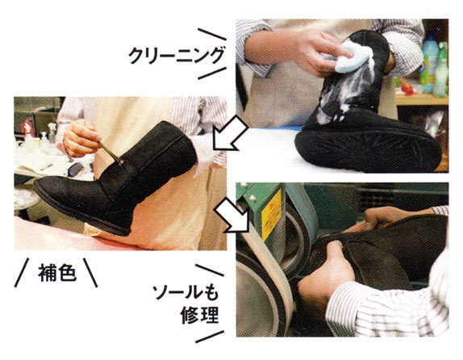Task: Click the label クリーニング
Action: tap(177, 55)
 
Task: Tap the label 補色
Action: tap(57, 272)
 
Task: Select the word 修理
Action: tap(200, 315)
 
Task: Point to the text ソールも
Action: tap(186, 292)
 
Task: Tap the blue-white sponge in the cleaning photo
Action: tap(352, 57)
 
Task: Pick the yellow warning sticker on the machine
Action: tap(271, 215)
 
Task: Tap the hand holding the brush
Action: tap(81, 138)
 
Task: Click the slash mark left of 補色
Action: tap(22, 273)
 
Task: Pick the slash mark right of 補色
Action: tap(90, 273)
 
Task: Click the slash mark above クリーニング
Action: tap(212, 34)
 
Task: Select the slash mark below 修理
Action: tap(210, 337)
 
